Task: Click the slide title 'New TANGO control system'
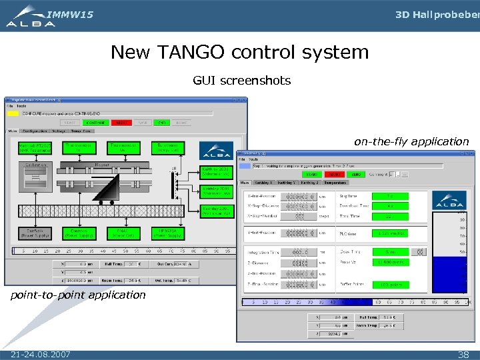239,52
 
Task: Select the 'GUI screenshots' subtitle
241,81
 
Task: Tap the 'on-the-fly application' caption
411,141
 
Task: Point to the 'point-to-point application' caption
77,295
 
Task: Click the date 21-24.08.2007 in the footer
41,354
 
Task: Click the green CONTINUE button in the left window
95,123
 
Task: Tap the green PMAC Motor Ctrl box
123,233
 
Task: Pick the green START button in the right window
311,175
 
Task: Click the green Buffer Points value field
391,285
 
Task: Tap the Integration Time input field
295,251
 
